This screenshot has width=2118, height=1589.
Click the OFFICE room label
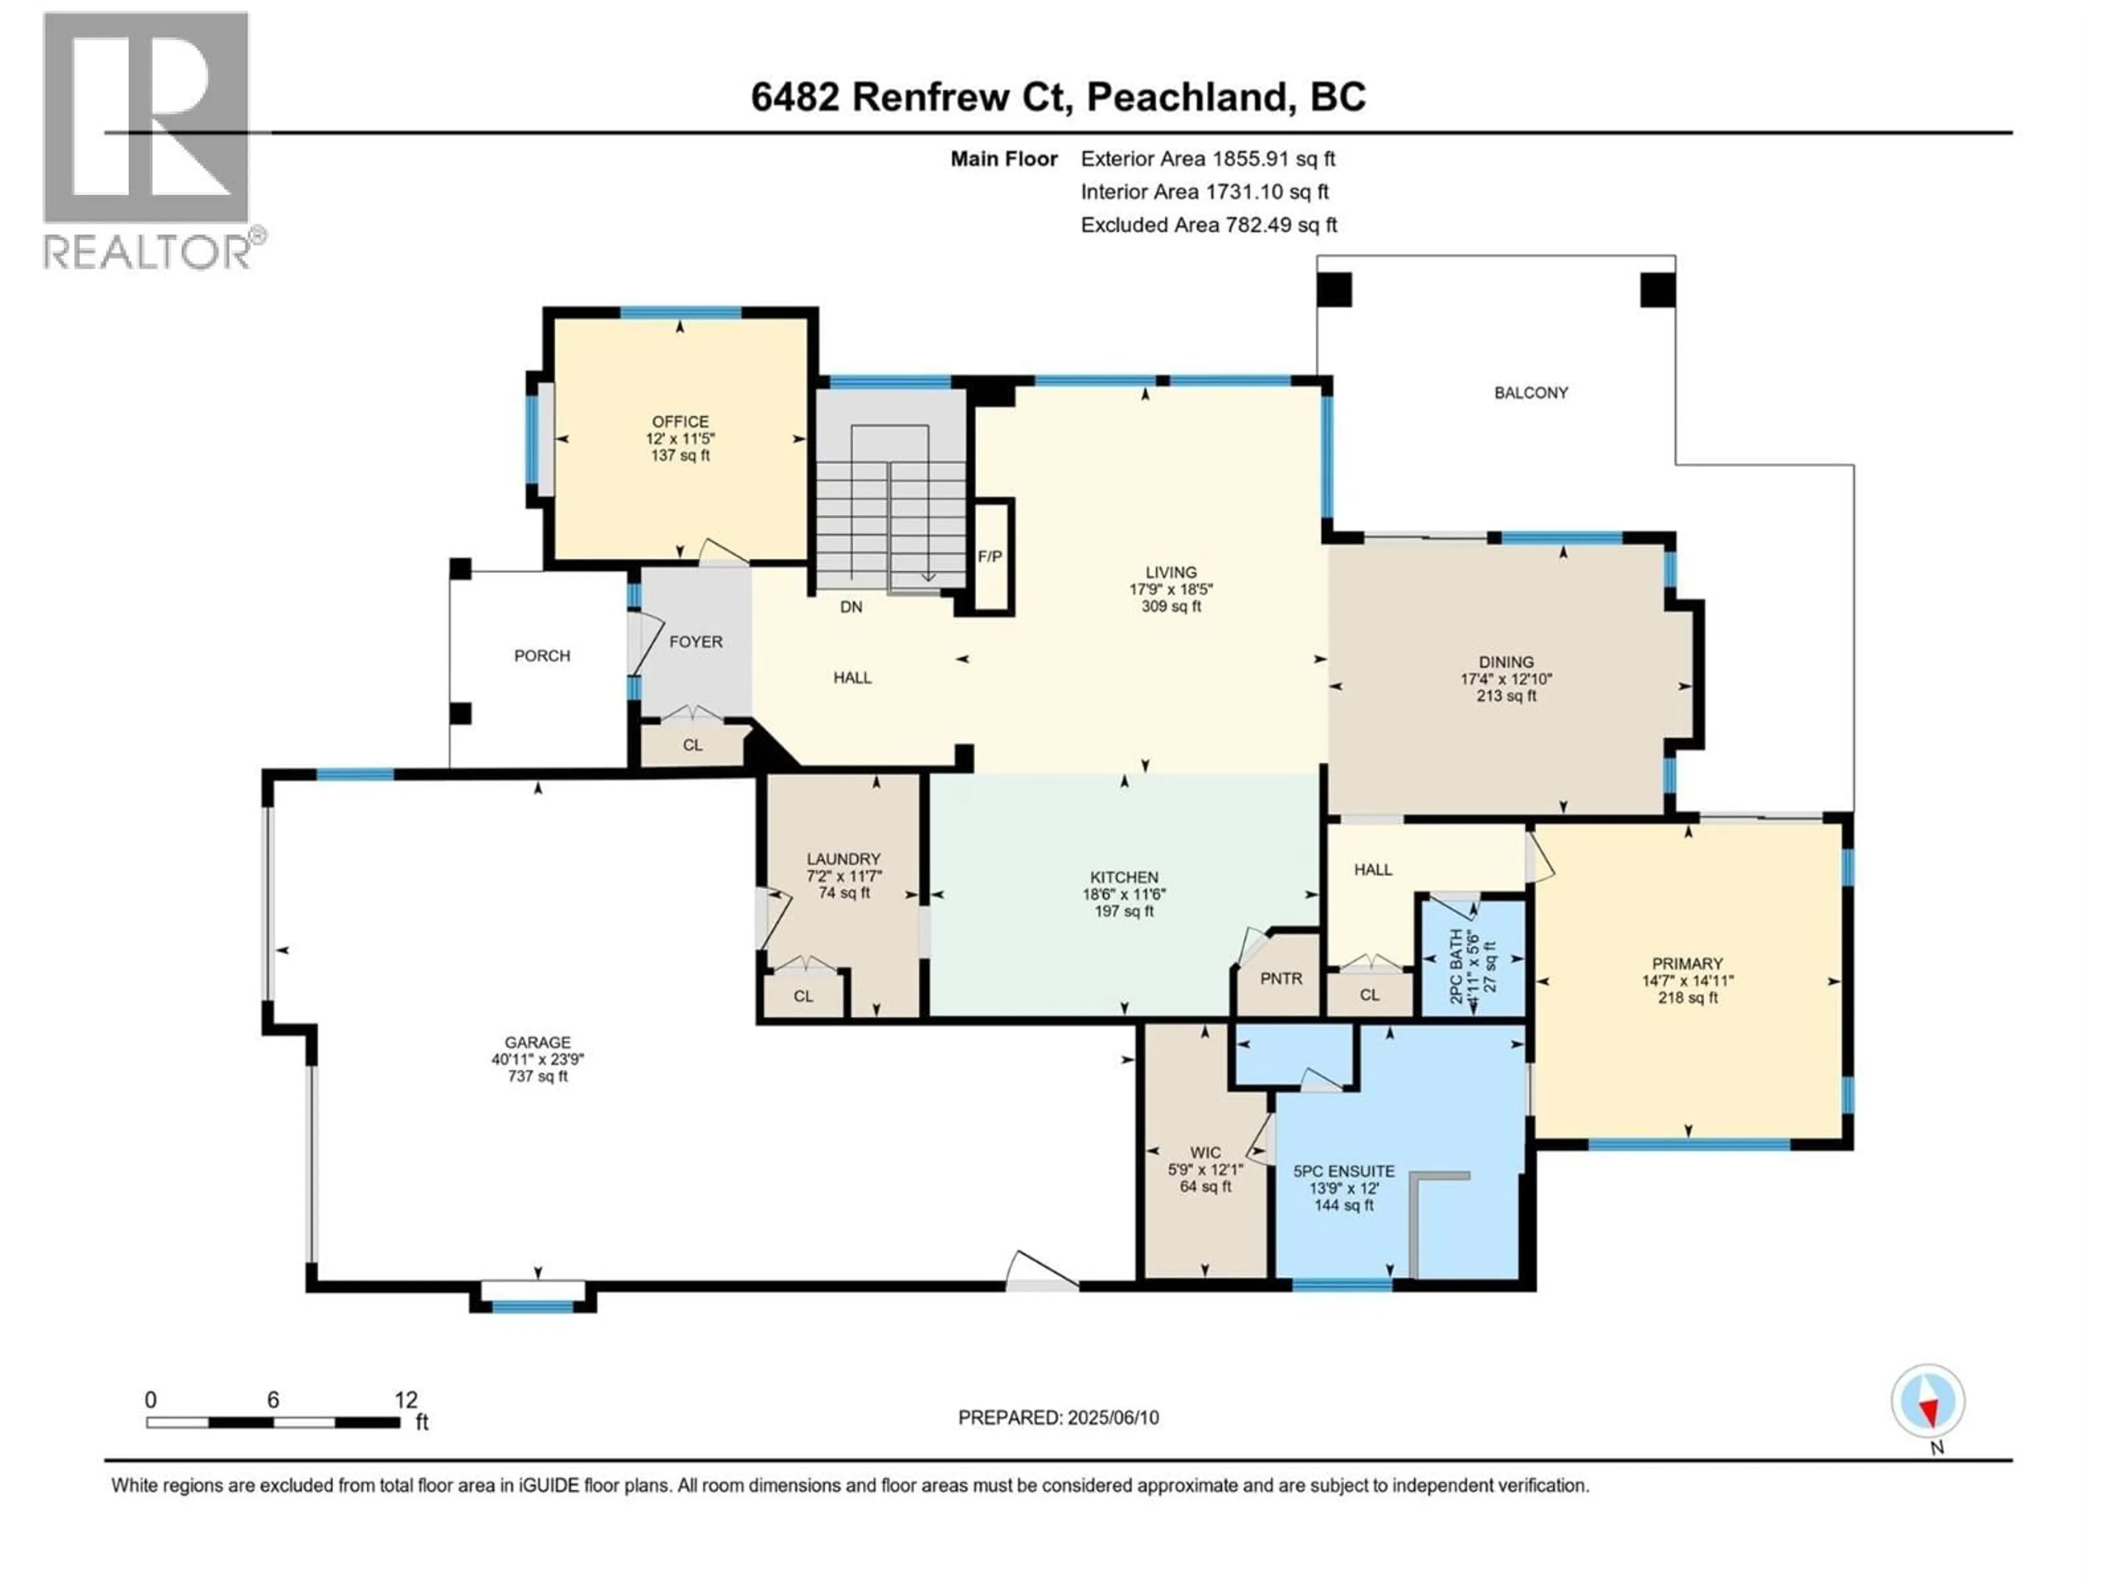click(x=680, y=422)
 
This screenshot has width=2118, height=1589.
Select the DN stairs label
click(x=851, y=606)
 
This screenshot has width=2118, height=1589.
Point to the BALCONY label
click(x=1531, y=393)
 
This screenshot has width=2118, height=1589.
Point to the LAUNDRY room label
click(x=843, y=859)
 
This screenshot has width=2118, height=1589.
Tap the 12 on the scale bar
click(x=406, y=1400)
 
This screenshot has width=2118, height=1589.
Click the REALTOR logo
click(x=148, y=139)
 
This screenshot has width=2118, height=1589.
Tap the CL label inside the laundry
click(x=803, y=996)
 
